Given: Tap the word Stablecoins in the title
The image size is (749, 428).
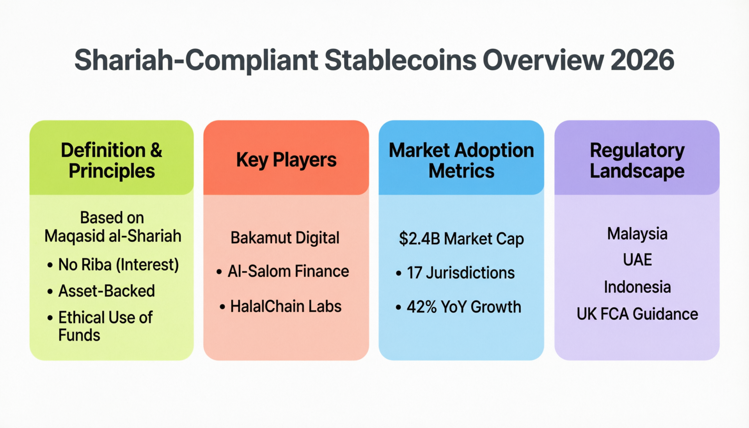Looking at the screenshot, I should pos(400,60).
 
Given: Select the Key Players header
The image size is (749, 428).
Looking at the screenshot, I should pos(286,160).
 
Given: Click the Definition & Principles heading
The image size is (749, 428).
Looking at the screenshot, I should pos(112,160).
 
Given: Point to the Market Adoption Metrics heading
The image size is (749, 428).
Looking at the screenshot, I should pos(461,160).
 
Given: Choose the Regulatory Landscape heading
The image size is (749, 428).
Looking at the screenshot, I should pos(637,160).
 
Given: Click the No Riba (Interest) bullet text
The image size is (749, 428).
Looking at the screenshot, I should pos(118,265).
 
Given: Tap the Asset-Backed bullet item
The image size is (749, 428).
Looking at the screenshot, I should pos(106,291).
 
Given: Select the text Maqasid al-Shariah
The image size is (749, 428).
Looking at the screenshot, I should pos(113,236).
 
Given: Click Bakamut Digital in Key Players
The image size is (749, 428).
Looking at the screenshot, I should pos(285,238).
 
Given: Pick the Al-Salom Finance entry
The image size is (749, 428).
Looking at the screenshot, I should pos(288,272).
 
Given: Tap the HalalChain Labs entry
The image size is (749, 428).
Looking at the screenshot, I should pos(286,307).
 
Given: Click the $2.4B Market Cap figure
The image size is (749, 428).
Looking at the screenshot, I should pos(461,239).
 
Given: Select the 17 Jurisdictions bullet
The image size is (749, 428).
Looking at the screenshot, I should pos(460,273).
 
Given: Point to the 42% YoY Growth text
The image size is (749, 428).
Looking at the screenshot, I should pos(463,307).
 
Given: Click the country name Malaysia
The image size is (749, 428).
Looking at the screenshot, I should pos(637,234).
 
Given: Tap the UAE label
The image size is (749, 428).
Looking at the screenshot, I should pos(637,260).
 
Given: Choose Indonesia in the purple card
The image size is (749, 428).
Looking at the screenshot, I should pos(637,287).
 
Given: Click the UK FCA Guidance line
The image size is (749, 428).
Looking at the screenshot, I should pos(637,314).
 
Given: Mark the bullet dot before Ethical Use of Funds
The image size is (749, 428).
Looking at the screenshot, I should pos(50,318).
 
